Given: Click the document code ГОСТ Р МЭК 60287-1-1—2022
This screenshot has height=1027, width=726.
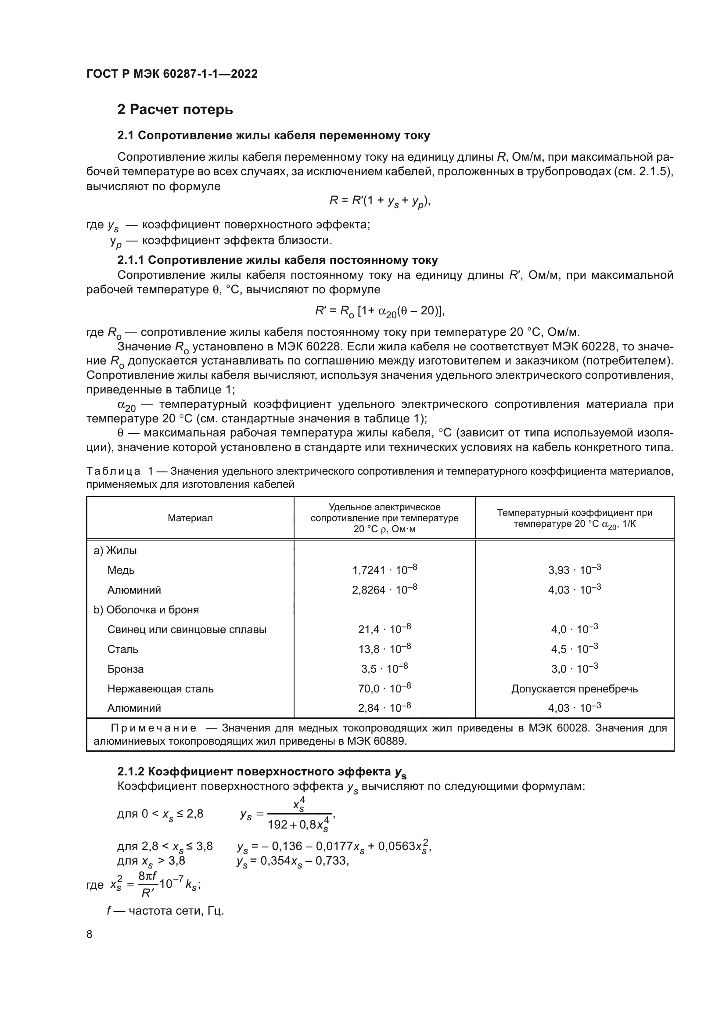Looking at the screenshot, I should coord(172,74).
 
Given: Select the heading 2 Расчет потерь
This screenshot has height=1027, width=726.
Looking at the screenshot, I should coord(175,110).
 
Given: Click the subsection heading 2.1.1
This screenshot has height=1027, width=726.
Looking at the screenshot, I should coord(277,260).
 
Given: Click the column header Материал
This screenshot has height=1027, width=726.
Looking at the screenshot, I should coord(190,518).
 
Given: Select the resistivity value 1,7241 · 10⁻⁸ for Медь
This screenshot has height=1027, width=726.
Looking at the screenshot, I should coord(385,570).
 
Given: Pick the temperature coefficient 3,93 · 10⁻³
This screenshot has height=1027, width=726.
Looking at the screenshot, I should coord(575,570).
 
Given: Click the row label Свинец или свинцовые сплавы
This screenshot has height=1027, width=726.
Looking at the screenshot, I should coord(187,629).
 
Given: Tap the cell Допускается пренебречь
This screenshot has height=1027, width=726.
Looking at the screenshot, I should coord(575,689).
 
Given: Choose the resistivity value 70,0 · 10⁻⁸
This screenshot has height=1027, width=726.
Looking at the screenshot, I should coord(385,689).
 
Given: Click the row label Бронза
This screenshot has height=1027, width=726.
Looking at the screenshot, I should coord(125,669).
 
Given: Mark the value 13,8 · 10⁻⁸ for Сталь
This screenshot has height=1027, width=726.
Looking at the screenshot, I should coord(385,649).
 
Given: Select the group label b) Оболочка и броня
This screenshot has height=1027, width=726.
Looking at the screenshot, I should coord(146,610).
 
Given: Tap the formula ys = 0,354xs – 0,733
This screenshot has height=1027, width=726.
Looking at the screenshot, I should coord(293,861).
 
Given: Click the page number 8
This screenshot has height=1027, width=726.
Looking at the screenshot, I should coord(90,934).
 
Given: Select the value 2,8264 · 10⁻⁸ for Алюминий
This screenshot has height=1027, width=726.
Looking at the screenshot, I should coord(385,590).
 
